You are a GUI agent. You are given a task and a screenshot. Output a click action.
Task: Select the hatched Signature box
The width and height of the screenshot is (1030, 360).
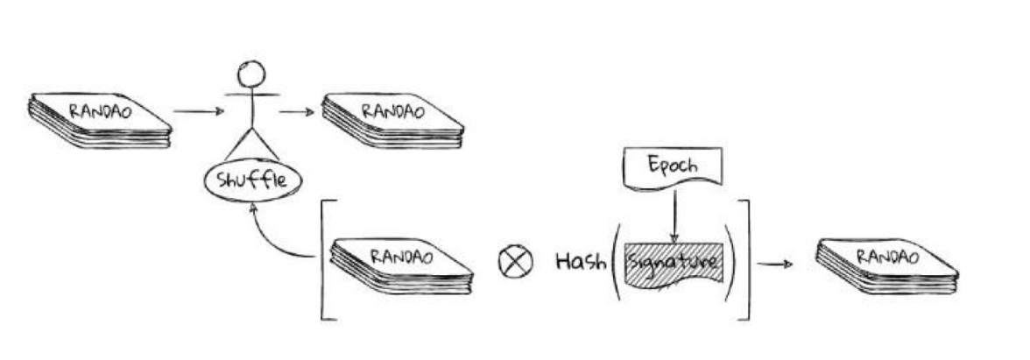coord(674,262)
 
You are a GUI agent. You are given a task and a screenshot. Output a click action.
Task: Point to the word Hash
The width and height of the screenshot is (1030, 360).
coord(581,262)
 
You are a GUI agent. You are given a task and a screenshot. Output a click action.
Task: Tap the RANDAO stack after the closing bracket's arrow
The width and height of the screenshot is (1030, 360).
coord(887,264)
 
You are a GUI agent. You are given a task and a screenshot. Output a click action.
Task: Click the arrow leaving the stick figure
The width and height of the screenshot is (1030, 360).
coord(296,111)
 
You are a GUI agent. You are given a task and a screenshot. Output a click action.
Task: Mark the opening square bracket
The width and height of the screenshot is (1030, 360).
coord(323,258)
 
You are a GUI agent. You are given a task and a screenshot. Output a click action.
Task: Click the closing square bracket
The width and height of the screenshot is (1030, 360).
coord(746,258)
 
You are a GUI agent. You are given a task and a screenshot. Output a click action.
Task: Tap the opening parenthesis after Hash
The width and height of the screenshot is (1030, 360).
coord(617,262)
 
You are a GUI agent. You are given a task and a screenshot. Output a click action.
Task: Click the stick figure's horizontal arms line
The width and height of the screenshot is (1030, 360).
coord(252,92)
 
